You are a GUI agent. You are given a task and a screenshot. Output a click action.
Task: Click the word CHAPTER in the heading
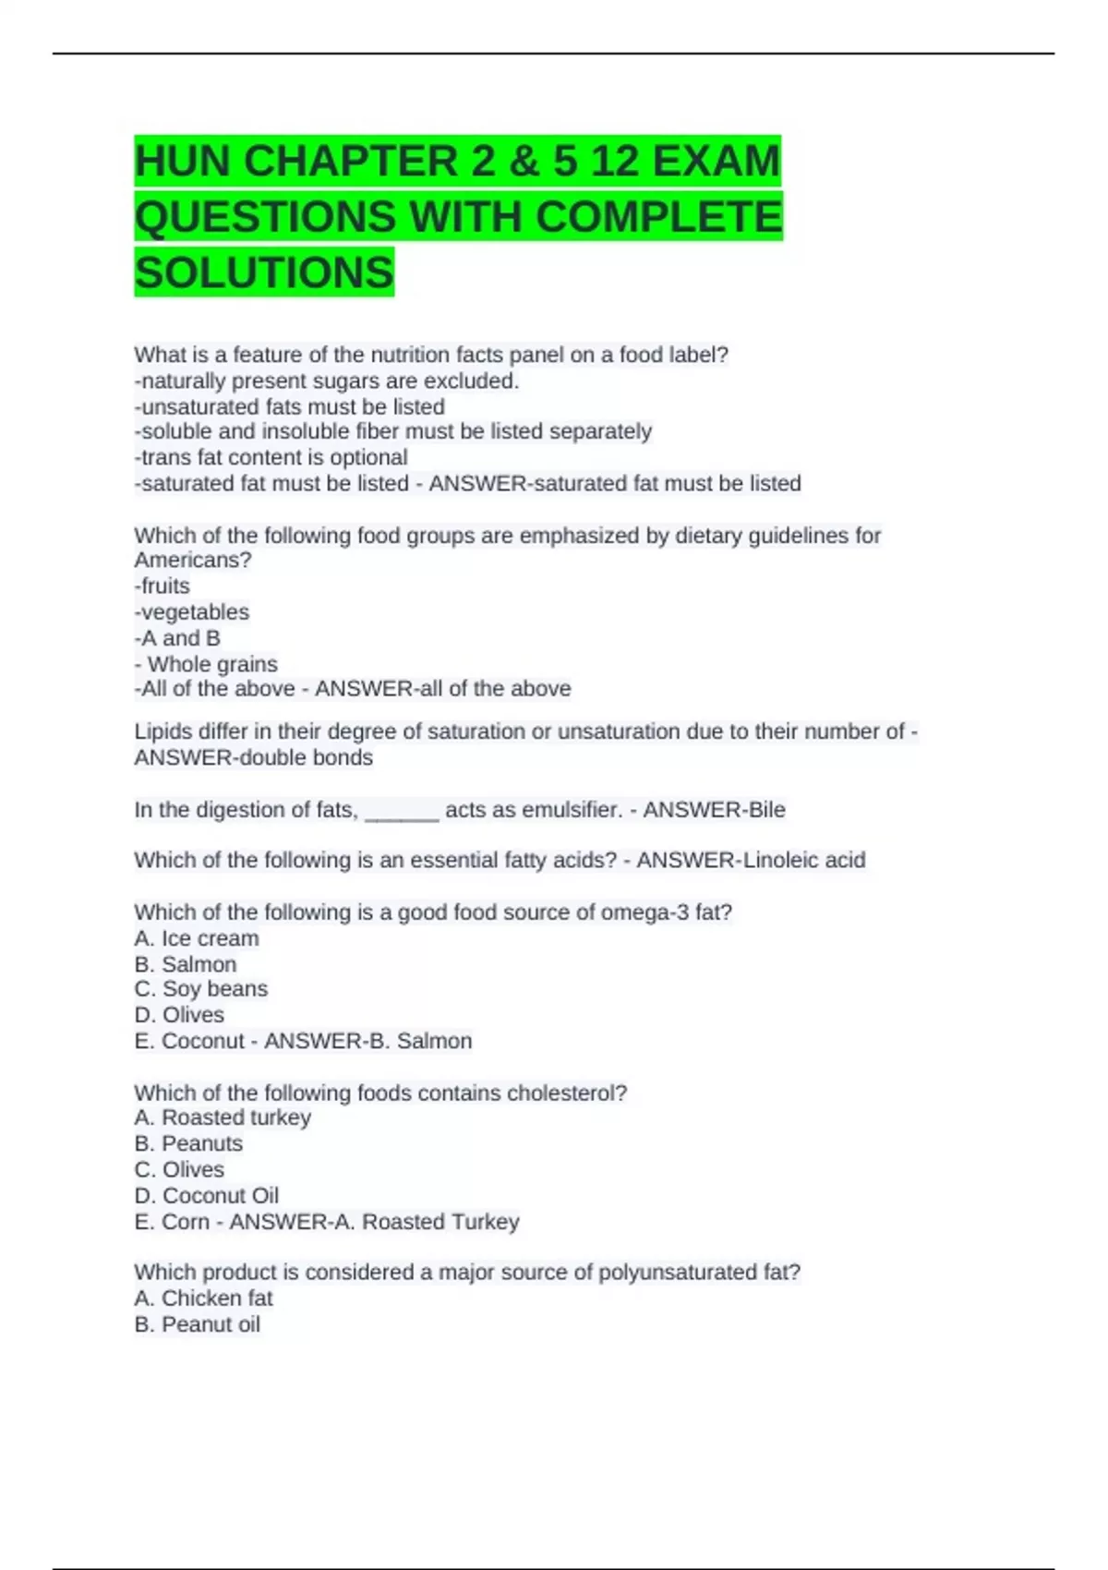(x=351, y=161)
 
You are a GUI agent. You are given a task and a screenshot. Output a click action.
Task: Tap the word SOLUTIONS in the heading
(x=264, y=272)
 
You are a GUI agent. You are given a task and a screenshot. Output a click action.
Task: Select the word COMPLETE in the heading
(x=658, y=217)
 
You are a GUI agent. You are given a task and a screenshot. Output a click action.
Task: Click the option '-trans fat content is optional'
(x=271, y=457)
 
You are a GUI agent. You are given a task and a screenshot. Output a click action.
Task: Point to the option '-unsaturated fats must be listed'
(x=289, y=406)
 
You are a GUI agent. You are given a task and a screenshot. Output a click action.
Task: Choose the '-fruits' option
(x=163, y=586)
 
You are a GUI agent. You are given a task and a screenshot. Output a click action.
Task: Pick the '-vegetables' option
(x=192, y=611)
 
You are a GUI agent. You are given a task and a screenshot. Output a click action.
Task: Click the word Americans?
(x=192, y=560)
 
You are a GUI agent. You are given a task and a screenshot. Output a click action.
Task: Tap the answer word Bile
(x=766, y=810)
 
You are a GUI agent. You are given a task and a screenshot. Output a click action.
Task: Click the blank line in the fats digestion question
(x=402, y=813)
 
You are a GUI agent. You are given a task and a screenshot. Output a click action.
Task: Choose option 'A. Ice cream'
(x=197, y=938)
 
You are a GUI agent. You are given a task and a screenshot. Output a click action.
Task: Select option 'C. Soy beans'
(x=201, y=988)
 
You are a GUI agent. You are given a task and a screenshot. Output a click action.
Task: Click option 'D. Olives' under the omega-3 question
(x=179, y=1015)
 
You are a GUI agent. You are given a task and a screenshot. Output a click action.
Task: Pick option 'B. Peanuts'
(x=188, y=1143)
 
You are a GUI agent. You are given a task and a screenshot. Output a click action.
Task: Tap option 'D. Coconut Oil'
(x=206, y=1195)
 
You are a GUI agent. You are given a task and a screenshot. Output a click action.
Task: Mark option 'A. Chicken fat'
(x=203, y=1298)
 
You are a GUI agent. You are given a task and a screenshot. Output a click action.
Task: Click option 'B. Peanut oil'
(x=197, y=1324)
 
